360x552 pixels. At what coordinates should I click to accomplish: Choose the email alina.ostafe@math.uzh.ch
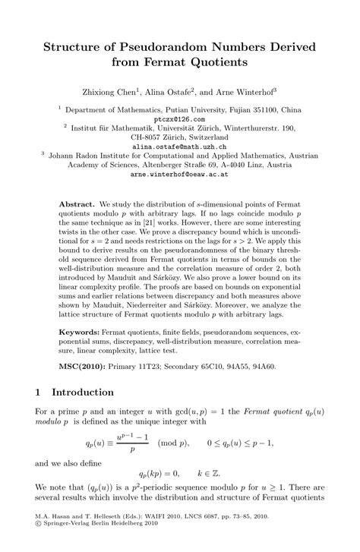pyautogui.click(x=179, y=147)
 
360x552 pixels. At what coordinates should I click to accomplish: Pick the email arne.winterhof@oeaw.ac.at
pyautogui.click(x=179, y=174)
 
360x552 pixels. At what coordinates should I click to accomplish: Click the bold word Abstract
pyautogui.click(x=76, y=205)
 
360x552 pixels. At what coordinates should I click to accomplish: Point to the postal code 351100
pyautogui.click(x=264, y=109)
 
